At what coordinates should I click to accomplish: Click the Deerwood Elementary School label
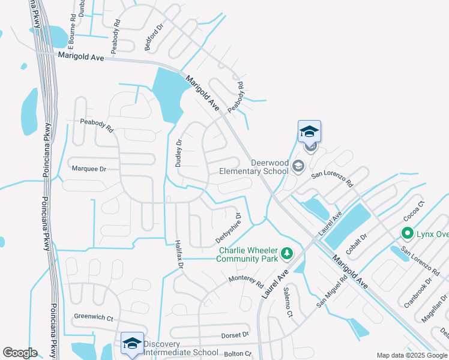[x=261, y=167]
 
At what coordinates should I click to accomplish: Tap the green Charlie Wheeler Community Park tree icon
[x=288, y=254]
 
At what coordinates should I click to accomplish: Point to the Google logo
[x=20, y=353]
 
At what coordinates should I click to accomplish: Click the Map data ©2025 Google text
[x=412, y=355]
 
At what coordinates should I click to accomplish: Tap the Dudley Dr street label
[x=178, y=153]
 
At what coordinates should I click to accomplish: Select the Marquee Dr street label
[x=88, y=169]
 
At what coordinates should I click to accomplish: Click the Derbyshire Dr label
[x=229, y=228]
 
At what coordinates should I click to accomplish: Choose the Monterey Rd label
[x=246, y=280]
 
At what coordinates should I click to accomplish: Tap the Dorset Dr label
[x=234, y=334]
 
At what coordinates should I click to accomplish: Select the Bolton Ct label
[x=237, y=354]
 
